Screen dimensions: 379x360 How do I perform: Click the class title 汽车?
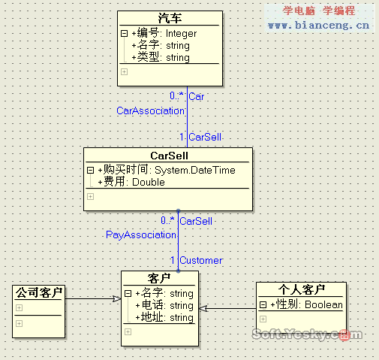[170, 18]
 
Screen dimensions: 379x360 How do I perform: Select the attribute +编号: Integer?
[164, 33]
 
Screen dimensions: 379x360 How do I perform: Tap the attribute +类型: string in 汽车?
[161, 57]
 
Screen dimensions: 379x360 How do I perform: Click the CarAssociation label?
[150, 110]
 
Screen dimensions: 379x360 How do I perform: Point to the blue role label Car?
[197, 96]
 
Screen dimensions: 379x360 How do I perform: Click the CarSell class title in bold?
[169, 156]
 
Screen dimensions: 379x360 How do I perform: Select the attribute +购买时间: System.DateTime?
[167, 170]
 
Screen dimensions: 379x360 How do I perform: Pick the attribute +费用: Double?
[131, 182]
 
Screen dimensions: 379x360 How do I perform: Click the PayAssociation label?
[141, 234]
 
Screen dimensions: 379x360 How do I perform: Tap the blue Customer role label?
[201, 260]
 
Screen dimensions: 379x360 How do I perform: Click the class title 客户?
[159, 278]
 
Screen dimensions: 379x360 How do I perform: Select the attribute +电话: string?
[164, 305]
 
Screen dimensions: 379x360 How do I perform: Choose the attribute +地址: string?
[164, 317]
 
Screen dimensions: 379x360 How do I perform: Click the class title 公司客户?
[39, 292]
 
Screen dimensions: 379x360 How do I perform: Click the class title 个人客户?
[302, 289]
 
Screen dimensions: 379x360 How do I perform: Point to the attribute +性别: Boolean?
[306, 304]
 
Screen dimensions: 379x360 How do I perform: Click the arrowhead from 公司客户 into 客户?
[117, 298]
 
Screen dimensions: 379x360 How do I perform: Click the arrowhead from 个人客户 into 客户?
[203, 308]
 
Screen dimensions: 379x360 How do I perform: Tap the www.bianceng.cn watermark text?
[318, 26]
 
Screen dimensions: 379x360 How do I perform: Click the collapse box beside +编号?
[124, 33]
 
